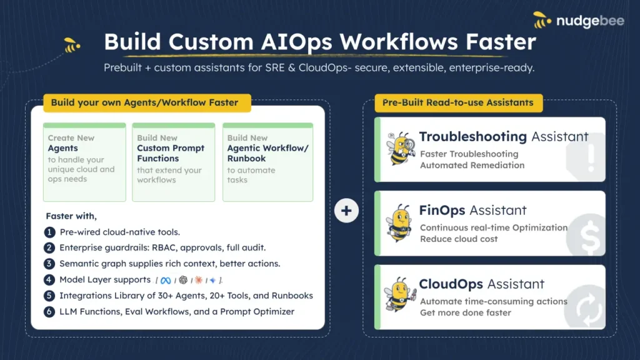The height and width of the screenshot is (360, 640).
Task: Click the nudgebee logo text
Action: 590,21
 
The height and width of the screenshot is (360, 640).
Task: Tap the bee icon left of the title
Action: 72,45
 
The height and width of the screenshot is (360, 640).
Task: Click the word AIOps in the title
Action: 296,42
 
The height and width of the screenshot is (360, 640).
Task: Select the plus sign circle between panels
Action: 346,211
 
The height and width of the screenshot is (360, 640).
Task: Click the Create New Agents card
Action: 84,162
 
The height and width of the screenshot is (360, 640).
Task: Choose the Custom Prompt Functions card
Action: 174,162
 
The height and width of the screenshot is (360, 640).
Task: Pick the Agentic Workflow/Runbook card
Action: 267,162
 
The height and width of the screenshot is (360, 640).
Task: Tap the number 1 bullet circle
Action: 49,232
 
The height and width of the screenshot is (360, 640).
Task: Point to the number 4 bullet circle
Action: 49,280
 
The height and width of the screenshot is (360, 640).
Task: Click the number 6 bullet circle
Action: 49,312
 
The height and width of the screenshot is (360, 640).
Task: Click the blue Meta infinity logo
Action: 165,281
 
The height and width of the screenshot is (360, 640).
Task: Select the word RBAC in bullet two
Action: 164,247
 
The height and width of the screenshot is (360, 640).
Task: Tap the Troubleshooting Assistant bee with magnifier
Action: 401,148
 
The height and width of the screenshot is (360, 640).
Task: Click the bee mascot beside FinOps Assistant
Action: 399,223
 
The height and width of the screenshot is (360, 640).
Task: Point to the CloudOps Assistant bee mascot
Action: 400,295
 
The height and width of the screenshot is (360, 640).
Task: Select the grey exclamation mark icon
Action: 591,157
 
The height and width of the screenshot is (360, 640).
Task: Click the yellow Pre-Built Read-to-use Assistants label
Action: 459,103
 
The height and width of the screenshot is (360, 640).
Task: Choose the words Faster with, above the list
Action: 71,216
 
